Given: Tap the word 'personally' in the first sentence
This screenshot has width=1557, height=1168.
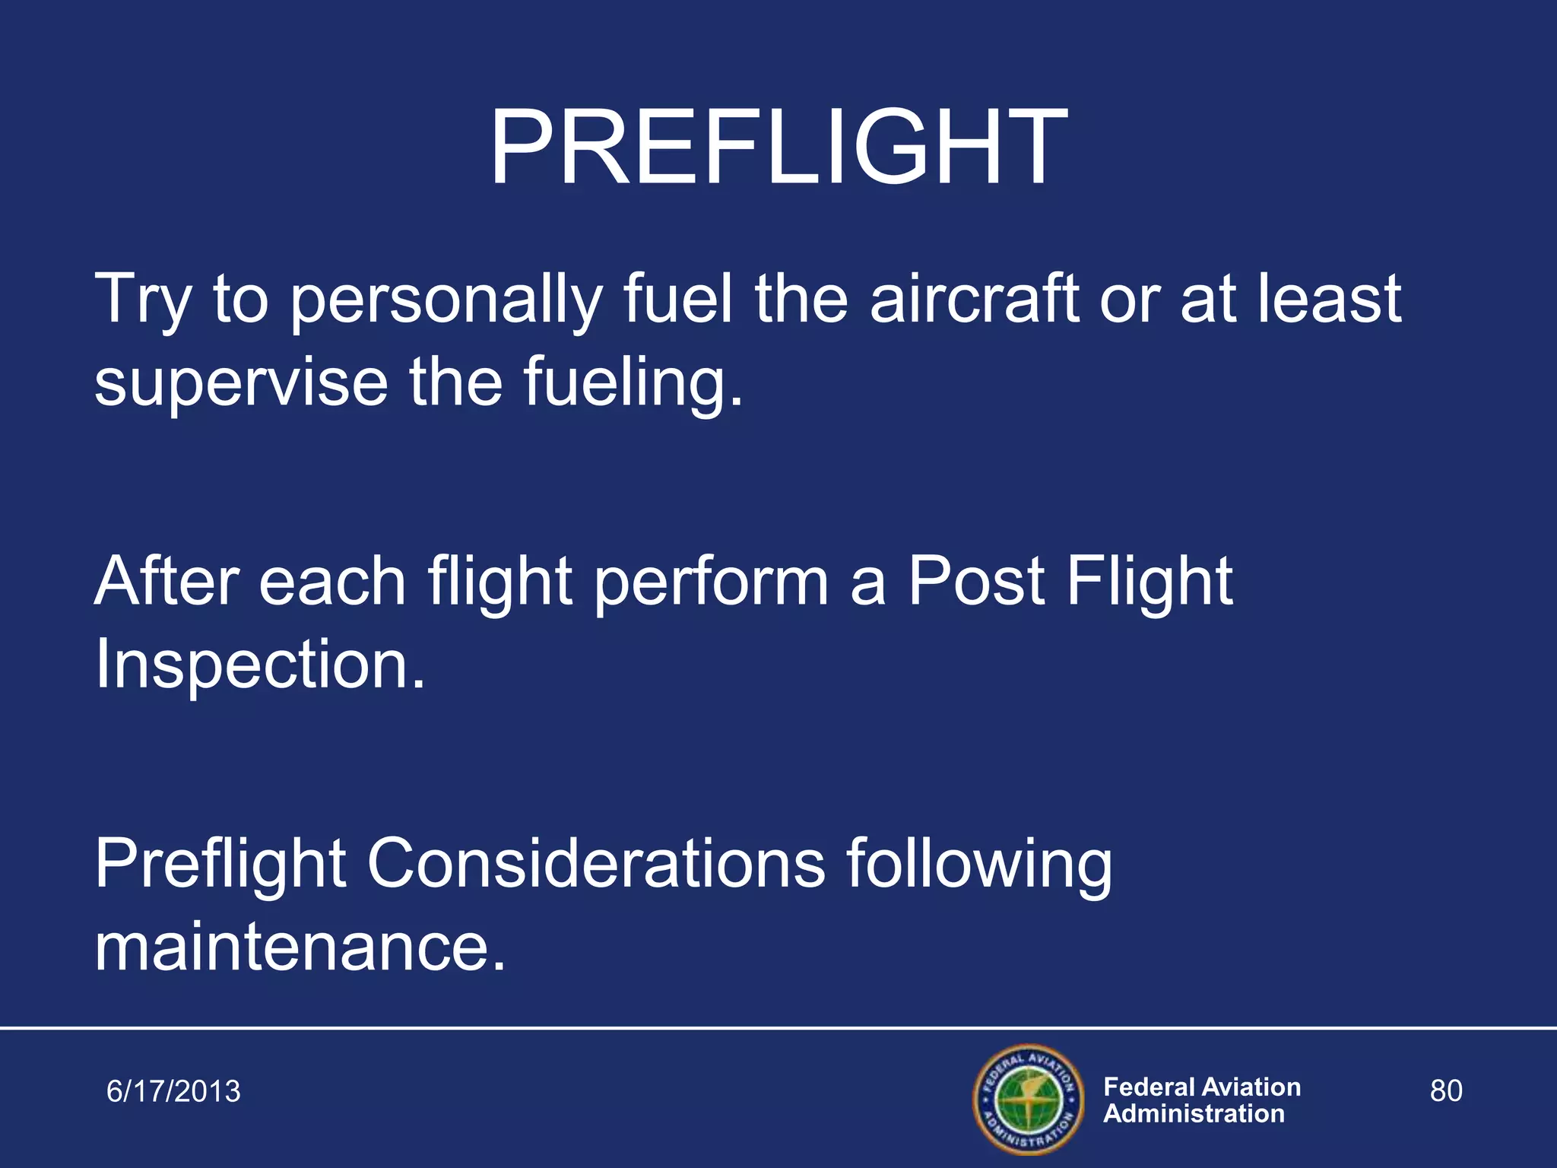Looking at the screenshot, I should tap(446, 300).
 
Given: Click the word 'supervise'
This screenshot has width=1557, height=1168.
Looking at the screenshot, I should tap(241, 383).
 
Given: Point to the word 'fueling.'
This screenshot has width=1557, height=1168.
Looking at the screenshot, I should tap(633, 383).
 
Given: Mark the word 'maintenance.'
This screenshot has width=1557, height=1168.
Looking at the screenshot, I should tap(300, 947).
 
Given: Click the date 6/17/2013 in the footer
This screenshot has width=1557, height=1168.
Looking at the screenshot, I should tap(173, 1091).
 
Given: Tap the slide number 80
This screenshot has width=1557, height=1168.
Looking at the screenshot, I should tap(1445, 1090).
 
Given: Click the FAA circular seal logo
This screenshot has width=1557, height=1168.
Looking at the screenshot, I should tap(1027, 1099).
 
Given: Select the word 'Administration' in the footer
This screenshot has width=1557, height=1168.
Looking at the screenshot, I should tap(1194, 1114).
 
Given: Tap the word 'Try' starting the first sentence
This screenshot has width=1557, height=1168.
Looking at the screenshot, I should tap(141, 300).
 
